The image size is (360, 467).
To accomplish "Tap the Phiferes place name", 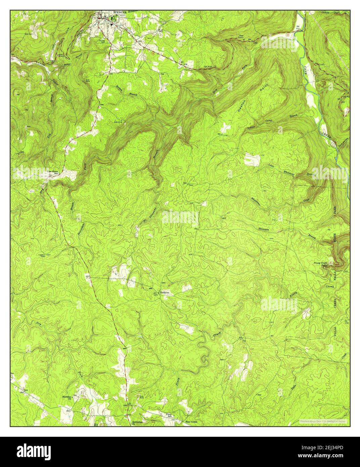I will coord(165,293).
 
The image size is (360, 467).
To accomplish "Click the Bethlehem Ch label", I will coord(138,422).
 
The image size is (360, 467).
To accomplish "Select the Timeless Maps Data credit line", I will coord(324,421).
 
